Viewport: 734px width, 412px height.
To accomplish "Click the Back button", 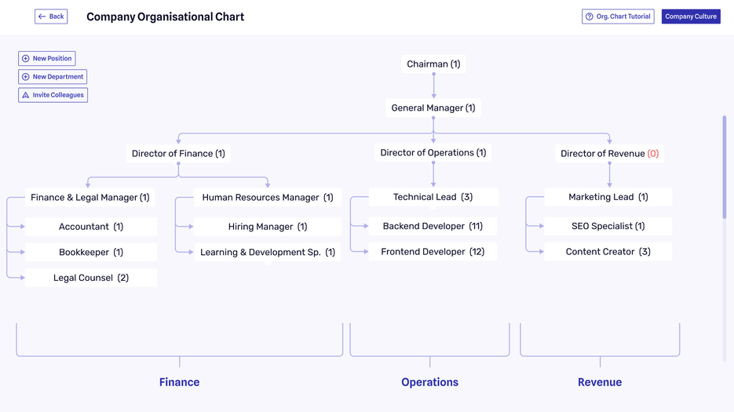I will (51, 16).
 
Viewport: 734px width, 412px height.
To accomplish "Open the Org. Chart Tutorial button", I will (618, 16).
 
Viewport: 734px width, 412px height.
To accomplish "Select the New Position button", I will (47, 59).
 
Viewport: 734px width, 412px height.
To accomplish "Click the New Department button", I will (53, 77).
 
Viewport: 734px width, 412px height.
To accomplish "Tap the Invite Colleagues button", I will (53, 95).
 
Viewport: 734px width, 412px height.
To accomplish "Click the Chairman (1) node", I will (433, 64).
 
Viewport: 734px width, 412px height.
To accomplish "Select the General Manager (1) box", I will (433, 108).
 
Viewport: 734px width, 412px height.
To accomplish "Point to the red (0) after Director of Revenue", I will (653, 154).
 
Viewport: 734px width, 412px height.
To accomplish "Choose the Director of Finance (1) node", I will (178, 154).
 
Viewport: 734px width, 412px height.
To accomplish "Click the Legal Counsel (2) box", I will (91, 278).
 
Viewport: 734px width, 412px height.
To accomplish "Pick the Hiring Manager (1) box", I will (268, 227).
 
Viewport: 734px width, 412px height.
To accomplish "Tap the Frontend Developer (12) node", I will (433, 252).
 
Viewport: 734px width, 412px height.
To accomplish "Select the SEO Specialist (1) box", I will (608, 226).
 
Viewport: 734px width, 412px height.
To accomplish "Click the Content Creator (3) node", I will (608, 252).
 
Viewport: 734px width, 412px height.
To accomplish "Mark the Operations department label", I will (429, 382).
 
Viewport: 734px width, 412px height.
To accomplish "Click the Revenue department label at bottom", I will (600, 382).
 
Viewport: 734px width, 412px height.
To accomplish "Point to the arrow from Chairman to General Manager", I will (433, 86).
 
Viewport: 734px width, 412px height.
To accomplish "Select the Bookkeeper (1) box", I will (91, 253).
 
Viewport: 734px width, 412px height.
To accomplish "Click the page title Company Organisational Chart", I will (165, 16).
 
